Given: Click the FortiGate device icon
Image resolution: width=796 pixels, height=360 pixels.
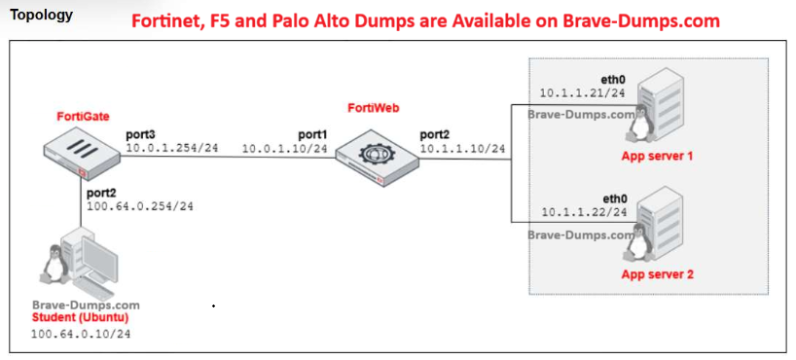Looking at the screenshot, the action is point(82,156).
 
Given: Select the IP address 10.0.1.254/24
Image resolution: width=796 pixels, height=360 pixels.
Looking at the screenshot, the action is point(172,148).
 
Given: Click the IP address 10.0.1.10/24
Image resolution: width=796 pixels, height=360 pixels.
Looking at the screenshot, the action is point(285,148).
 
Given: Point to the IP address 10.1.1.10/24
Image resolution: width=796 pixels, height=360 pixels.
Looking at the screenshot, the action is point(462,148).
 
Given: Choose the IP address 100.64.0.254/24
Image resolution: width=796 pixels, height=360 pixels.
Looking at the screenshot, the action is point(140,206).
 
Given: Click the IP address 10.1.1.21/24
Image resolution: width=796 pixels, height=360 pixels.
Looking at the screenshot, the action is point(582,93).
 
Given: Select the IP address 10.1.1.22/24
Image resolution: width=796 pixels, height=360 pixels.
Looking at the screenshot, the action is point(584,212).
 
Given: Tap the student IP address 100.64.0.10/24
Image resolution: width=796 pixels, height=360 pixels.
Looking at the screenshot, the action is point(81,334).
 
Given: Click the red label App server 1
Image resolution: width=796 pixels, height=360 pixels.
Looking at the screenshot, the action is point(657,156).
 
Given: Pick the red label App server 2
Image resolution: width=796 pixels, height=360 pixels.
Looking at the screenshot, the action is point(658,275).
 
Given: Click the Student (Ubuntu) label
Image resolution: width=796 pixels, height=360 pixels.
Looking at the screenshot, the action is point(80,318).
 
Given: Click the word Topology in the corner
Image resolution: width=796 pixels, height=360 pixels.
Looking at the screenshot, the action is point(41,15).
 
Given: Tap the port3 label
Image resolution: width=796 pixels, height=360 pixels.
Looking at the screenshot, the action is point(141,135).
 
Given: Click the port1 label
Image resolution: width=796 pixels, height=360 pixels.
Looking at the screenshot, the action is point(313,135).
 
